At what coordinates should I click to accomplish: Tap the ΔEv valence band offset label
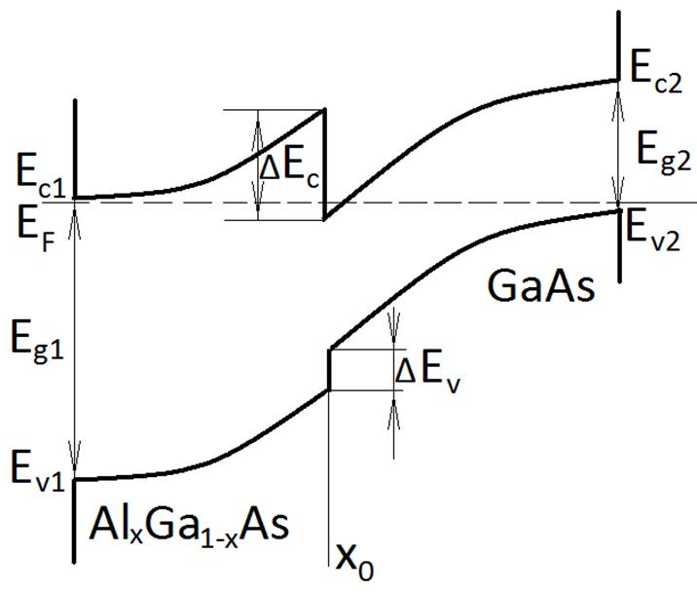click(x=428, y=371)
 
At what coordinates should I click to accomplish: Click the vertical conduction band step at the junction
click(x=324, y=164)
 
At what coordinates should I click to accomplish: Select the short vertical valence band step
click(x=329, y=369)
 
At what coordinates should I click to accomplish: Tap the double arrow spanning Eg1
click(x=75, y=340)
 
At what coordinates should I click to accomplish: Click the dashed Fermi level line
click(x=467, y=203)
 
